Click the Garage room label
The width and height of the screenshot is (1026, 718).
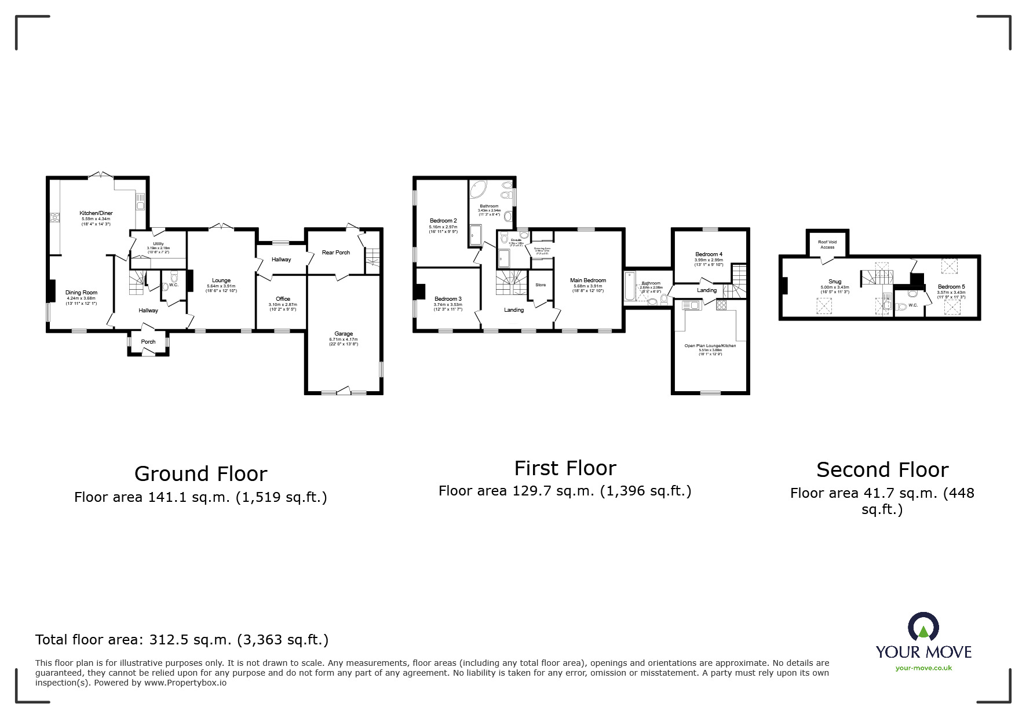[x=344, y=334]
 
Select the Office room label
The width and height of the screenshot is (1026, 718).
[x=283, y=299]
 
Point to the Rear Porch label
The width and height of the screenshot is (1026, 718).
[x=336, y=252]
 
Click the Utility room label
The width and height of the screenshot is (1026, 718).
[x=158, y=244]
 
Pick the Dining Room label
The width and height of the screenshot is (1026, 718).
[x=81, y=293]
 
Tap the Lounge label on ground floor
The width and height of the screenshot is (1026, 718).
[x=221, y=280]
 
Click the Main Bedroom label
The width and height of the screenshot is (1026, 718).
[x=588, y=280]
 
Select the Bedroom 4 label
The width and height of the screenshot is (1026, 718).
[x=709, y=254]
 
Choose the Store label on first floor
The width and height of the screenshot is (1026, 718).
[x=541, y=285]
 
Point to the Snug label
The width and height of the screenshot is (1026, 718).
[x=835, y=282]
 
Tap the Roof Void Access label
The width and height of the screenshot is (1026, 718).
[x=827, y=245]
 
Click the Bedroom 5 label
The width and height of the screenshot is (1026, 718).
[x=951, y=287]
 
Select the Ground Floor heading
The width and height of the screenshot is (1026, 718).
[x=200, y=474]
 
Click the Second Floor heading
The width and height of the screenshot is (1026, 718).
[x=882, y=469]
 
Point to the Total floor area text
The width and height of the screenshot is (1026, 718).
[x=182, y=640]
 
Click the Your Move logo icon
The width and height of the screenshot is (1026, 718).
[x=923, y=627]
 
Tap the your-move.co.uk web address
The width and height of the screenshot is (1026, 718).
[x=923, y=668]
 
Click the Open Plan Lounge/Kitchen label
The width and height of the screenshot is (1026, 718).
[x=710, y=346]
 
